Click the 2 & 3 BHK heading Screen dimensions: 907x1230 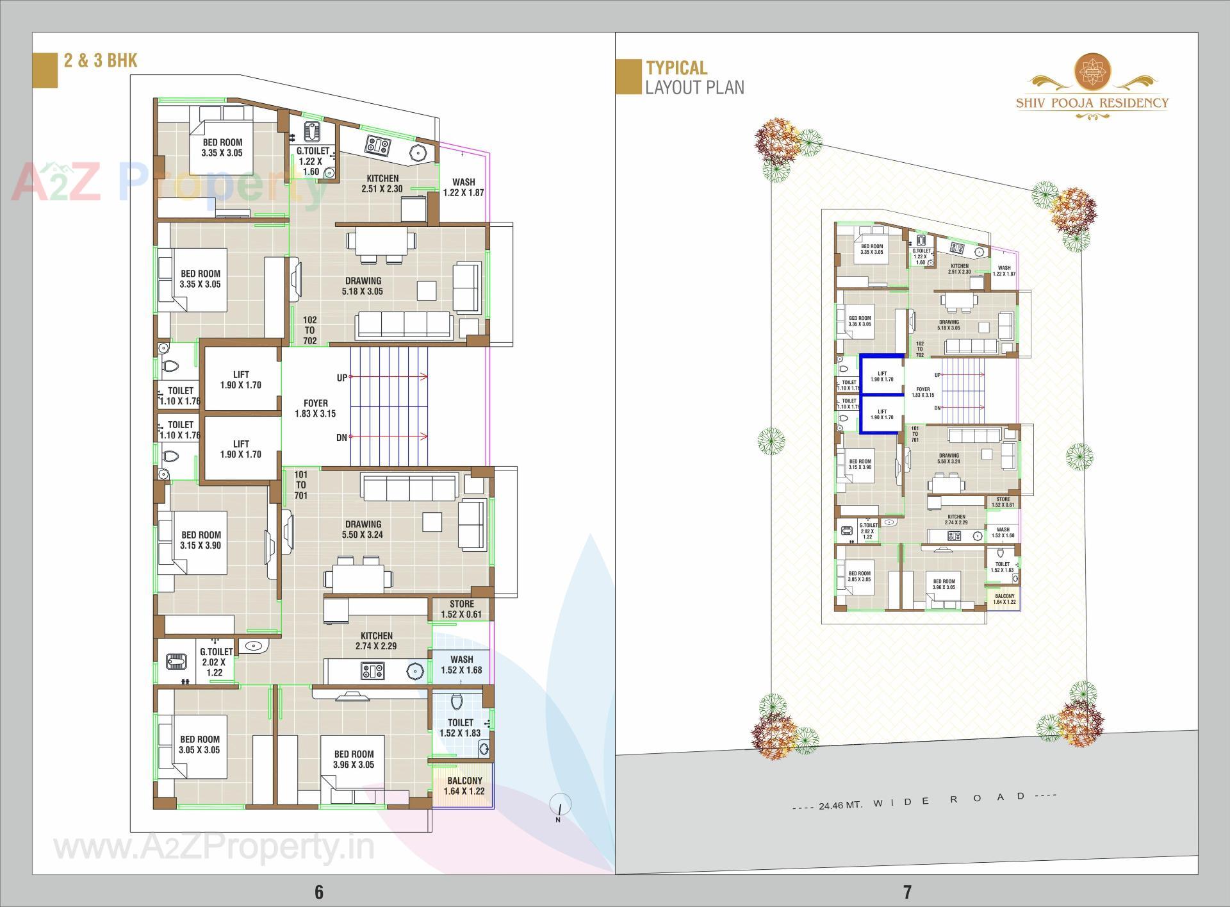coord(101,60)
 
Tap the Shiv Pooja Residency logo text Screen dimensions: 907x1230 coord(1092,103)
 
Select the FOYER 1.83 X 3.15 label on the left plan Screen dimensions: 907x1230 coord(315,408)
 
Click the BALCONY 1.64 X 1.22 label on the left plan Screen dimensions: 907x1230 coord(464,786)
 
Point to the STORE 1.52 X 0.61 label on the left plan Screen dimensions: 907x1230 coord(461,609)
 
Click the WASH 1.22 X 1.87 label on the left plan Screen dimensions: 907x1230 coord(463,187)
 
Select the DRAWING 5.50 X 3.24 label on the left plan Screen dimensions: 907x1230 coord(363,529)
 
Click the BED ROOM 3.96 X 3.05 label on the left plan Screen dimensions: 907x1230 coord(354,759)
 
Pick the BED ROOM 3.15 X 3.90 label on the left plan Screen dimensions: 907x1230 coord(201,540)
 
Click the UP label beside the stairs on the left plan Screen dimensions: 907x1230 coord(341,378)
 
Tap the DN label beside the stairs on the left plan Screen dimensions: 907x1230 coord(341,438)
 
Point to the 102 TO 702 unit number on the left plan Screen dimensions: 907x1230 coord(310,330)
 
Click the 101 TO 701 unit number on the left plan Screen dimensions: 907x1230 coord(300,485)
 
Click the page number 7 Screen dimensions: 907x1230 coord(906,892)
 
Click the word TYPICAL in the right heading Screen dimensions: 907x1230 coord(676,68)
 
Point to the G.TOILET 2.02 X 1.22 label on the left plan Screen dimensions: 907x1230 coord(215,662)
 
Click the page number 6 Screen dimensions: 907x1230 coord(318,892)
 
